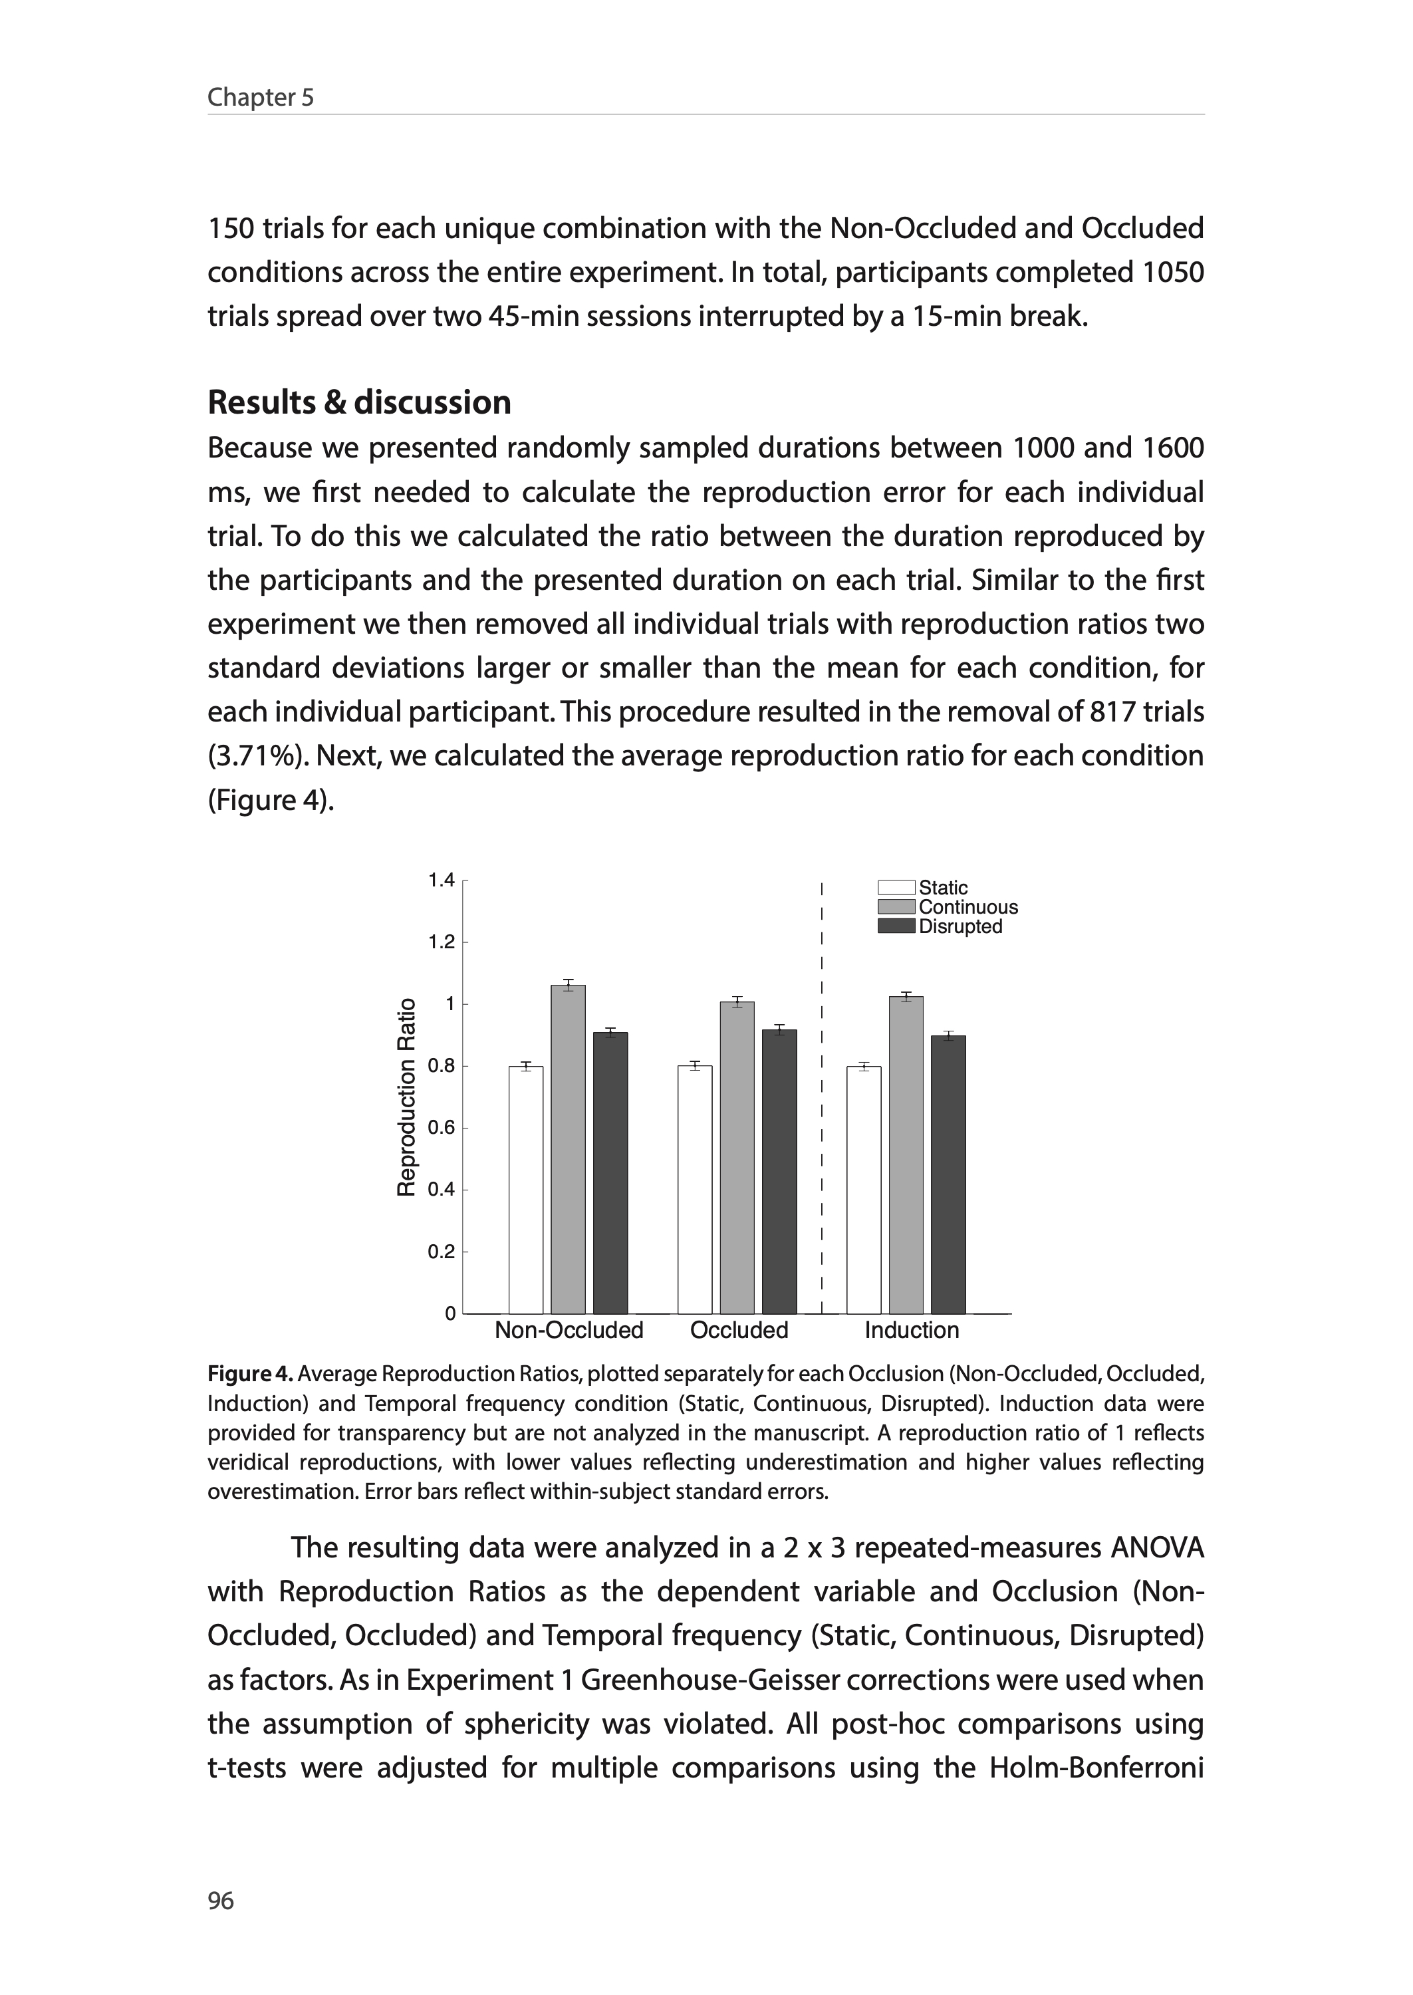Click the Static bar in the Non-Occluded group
pyautogui.click(x=525, y=1189)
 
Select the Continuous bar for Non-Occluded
pyautogui.click(x=568, y=1148)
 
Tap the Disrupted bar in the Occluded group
pyautogui.click(x=779, y=1171)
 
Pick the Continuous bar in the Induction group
pyautogui.click(x=906, y=1154)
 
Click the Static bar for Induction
pyautogui.click(x=863, y=1189)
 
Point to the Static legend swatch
pyautogui.click(x=896, y=887)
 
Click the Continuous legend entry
pyautogui.click(x=967, y=906)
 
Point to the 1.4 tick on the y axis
pyautogui.click(x=441, y=880)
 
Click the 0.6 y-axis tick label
pyautogui.click(x=441, y=1128)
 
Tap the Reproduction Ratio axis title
pyautogui.click(x=406, y=1097)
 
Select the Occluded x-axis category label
pyautogui.click(x=739, y=1330)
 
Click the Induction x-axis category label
pyautogui.click(x=911, y=1330)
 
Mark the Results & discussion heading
pyautogui.click(x=359, y=402)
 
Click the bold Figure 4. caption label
pyautogui.click(x=251, y=1374)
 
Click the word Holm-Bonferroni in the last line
pyautogui.click(x=1096, y=1768)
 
